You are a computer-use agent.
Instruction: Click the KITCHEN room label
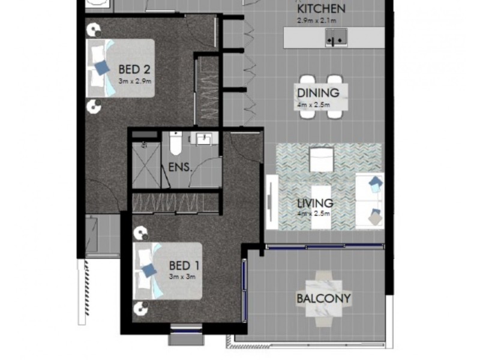[x=322, y=9]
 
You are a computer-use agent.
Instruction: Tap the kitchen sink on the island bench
[x=335, y=39]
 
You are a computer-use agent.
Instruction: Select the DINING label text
[x=318, y=93]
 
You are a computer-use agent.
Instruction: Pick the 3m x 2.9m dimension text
[x=134, y=80]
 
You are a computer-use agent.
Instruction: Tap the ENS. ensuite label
[x=180, y=167]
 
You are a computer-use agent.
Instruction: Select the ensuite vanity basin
[x=203, y=139]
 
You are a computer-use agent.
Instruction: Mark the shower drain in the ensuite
[x=144, y=145]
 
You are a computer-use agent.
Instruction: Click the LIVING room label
[x=316, y=203]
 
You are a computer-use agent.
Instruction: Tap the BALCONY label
[x=323, y=298]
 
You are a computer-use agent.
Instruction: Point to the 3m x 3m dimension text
[x=182, y=277]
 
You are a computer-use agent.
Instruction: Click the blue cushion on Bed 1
[x=148, y=271]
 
